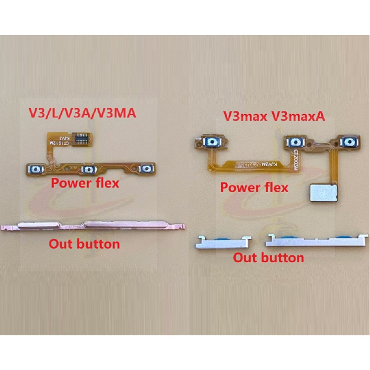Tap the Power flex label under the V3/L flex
(85, 183)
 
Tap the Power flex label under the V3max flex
(254, 187)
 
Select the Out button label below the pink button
(85, 243)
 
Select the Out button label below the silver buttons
(268, 258)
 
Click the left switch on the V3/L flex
(35, 169)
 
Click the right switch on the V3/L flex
(147, 169)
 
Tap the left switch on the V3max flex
(210, 142)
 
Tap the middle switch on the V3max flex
(294, 143)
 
